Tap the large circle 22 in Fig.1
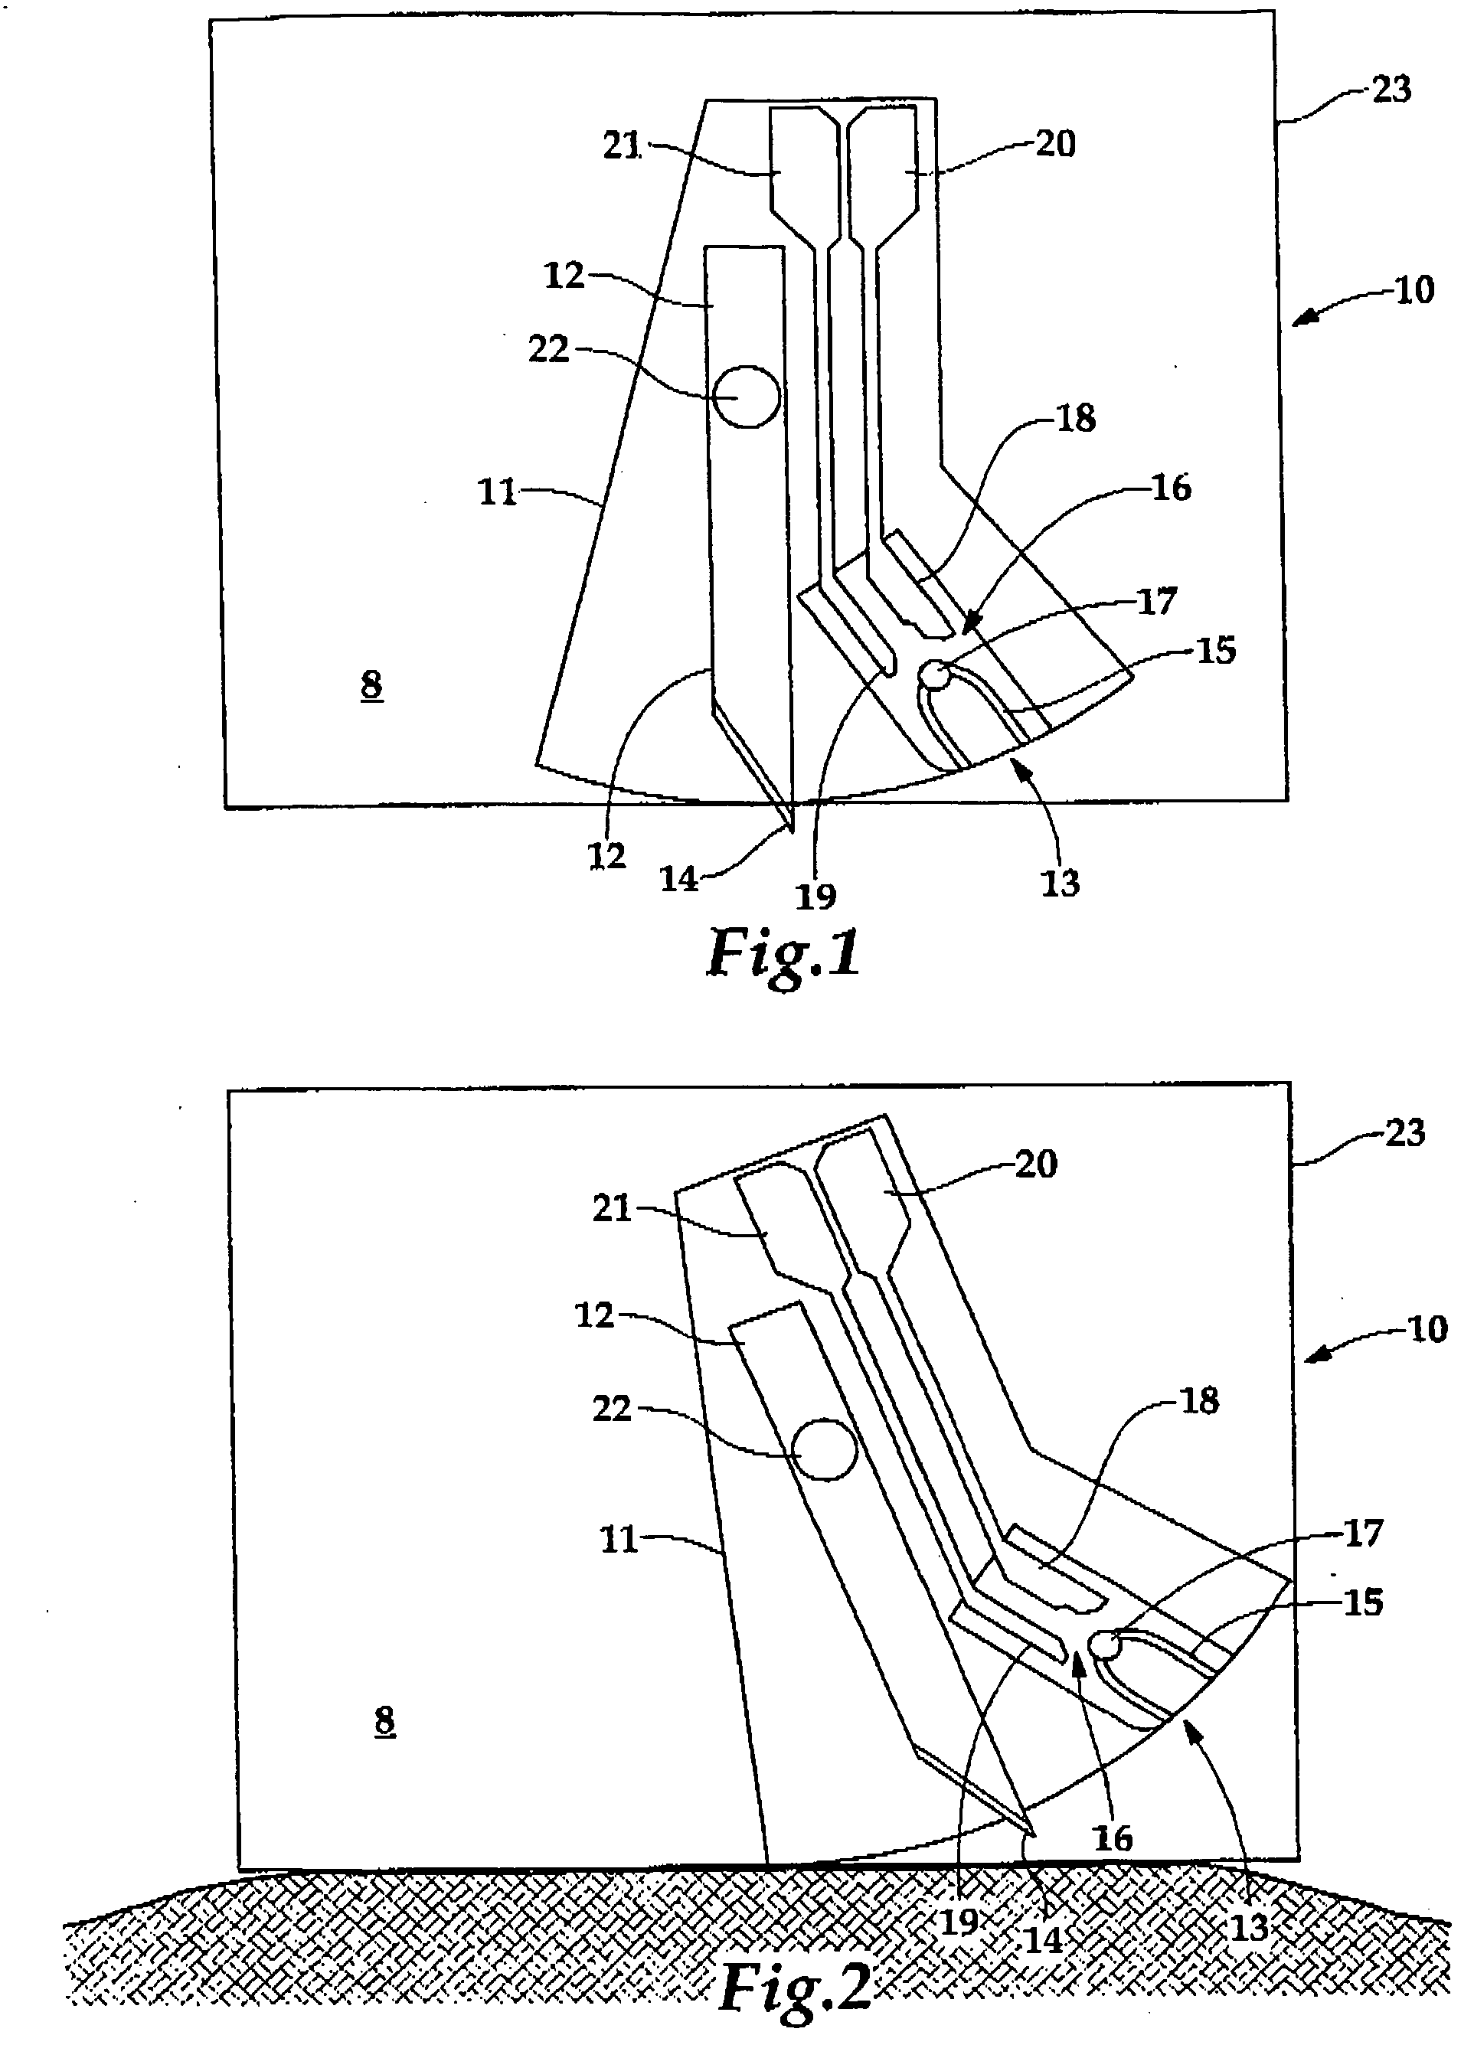point(746,397)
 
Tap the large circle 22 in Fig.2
point(824,1449)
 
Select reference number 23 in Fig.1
point(1391,90)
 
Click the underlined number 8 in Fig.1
point(371,684)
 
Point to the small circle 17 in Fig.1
point(934,675)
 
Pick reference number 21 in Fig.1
point(622,145)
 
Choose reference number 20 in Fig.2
point(1035,1164)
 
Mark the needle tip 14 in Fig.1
point(792,828)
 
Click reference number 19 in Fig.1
point(815,897)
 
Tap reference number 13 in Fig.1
point(1060,882)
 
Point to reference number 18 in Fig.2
point(1199,1401)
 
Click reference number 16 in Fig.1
point(1171,488)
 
